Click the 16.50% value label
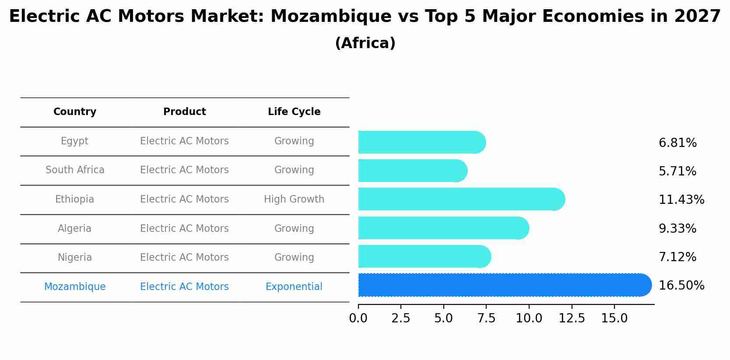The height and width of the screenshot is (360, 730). (681, 286)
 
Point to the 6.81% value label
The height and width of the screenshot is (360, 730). (677, 143)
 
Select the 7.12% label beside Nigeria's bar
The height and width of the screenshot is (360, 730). (677, 257)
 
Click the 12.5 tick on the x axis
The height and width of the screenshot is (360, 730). (572, 318)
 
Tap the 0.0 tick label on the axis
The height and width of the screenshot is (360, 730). (358, 318)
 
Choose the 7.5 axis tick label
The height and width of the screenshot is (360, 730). (486, 318)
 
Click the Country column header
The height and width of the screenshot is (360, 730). (75, 112)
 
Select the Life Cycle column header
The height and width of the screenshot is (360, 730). (294, 112)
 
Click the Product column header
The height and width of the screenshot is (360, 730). (184, 112)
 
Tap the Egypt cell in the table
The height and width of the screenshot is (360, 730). (74, 141)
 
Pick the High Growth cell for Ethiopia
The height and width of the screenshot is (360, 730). (294, 199)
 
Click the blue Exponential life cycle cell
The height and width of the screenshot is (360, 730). (294, 287)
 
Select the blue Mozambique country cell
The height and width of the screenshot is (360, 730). (75, 287)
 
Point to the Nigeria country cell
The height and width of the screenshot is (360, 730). (75, 258)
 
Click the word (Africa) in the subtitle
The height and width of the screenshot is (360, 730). (365, 43)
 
